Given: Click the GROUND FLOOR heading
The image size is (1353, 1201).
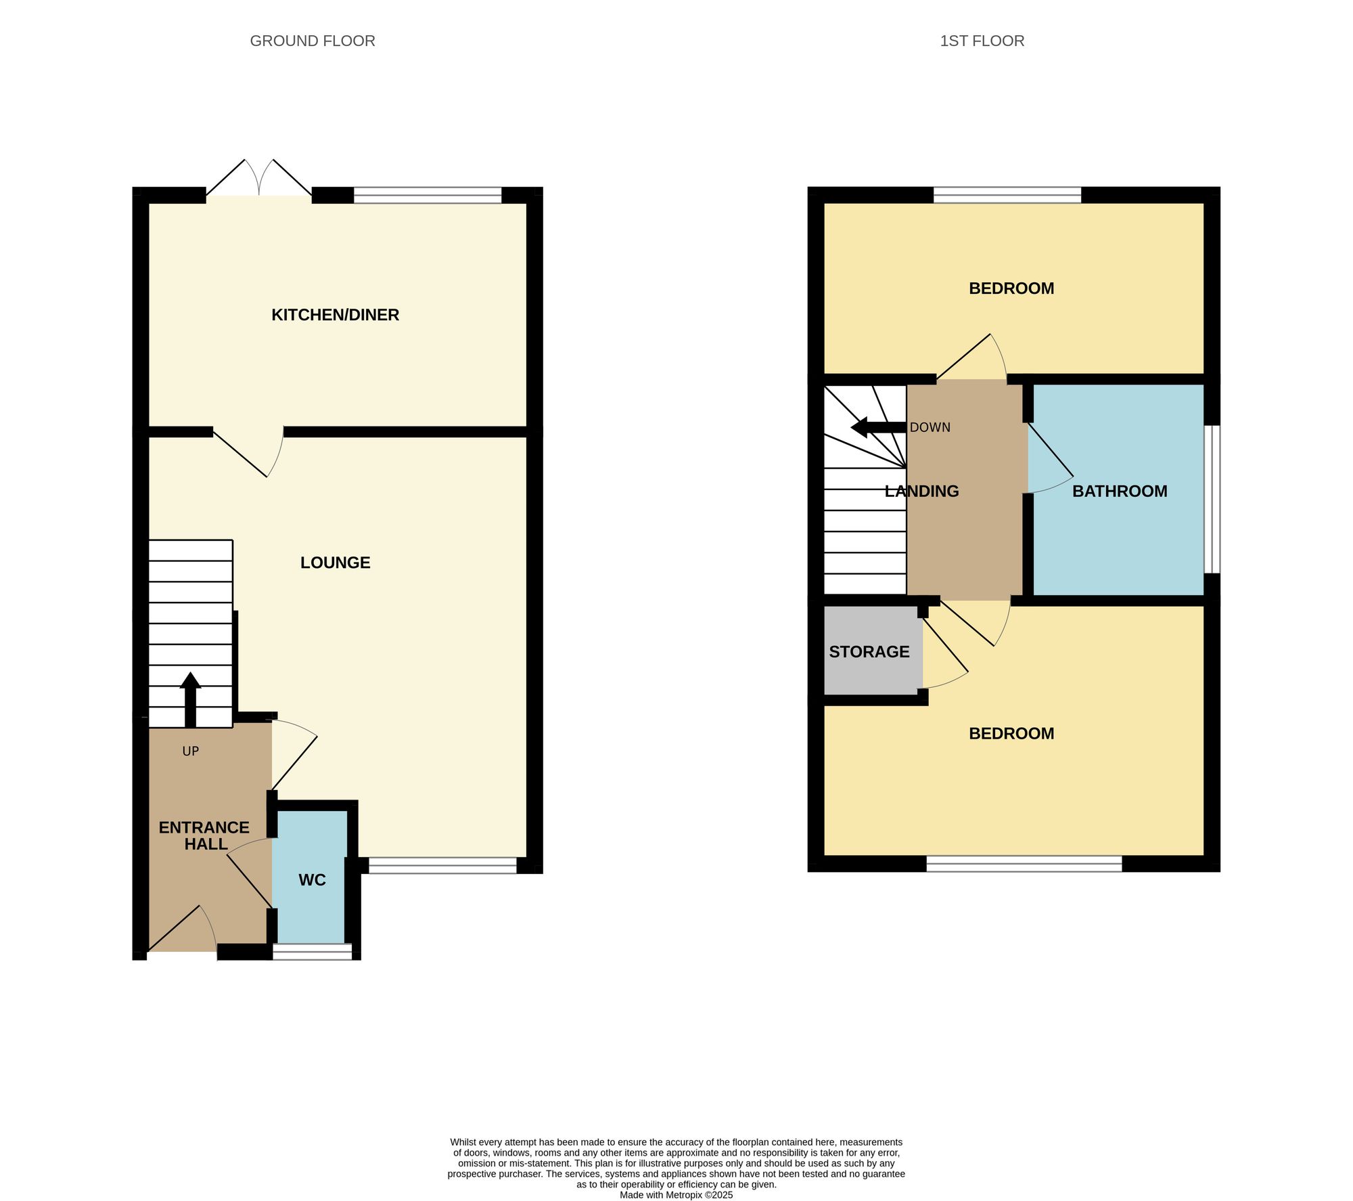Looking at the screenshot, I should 313,41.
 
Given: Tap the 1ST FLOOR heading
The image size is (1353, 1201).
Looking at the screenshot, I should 982,41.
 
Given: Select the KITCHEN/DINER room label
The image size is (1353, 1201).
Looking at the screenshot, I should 335,315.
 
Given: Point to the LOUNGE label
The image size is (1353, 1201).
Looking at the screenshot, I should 335,563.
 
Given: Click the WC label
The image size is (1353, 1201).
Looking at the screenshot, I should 312,879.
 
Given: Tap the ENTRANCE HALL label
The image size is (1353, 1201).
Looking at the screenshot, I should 204,835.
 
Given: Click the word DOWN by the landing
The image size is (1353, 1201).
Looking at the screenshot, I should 930,427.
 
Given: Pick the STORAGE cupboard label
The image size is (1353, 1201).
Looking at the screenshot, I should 869,651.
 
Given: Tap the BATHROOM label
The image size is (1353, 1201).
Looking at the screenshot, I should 1120,491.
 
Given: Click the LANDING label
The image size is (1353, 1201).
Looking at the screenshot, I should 921,491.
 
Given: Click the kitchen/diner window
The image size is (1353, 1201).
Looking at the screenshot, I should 428,195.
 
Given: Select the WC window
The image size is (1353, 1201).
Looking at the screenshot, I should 313,951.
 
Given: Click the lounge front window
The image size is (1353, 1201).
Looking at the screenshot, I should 442,865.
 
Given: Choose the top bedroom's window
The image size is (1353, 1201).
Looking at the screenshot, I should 1007,195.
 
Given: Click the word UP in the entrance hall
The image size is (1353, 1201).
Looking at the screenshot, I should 190,751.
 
